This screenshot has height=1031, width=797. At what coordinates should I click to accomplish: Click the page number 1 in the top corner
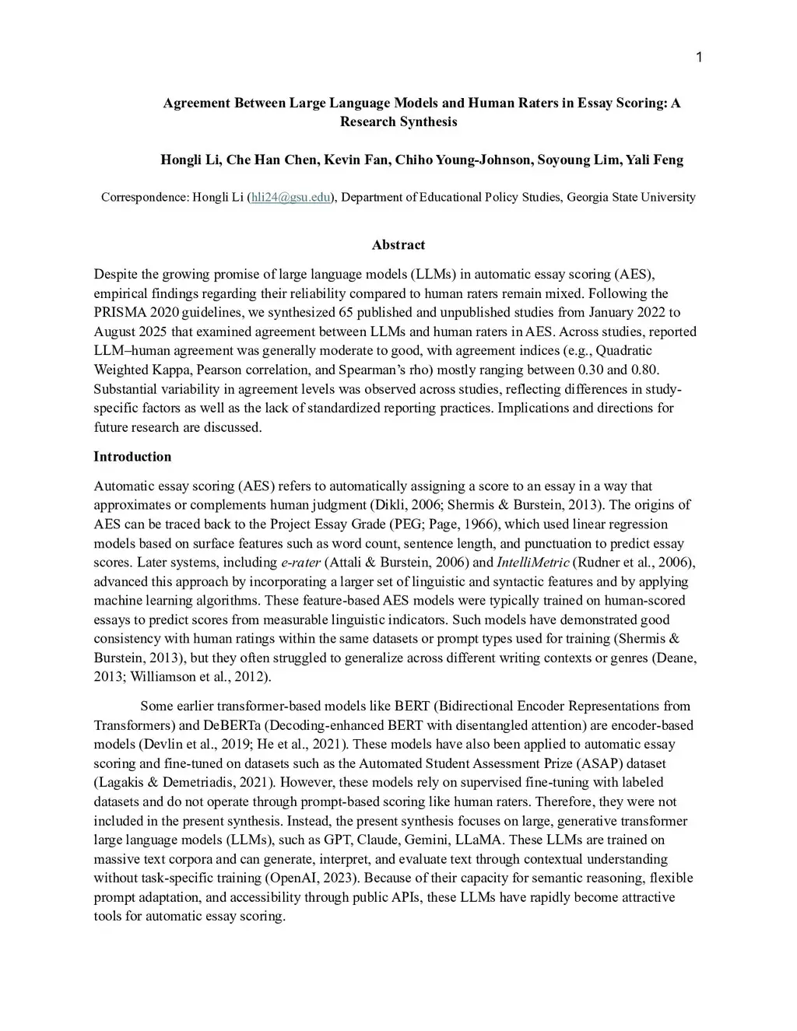(698, 58)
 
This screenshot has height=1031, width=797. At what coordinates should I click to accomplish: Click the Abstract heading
(398, 245)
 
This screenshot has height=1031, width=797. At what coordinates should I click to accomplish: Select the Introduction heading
(132, 457)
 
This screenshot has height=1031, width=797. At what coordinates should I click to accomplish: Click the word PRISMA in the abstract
(118, 313)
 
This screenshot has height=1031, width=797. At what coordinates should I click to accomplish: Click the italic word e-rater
(300, 563)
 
